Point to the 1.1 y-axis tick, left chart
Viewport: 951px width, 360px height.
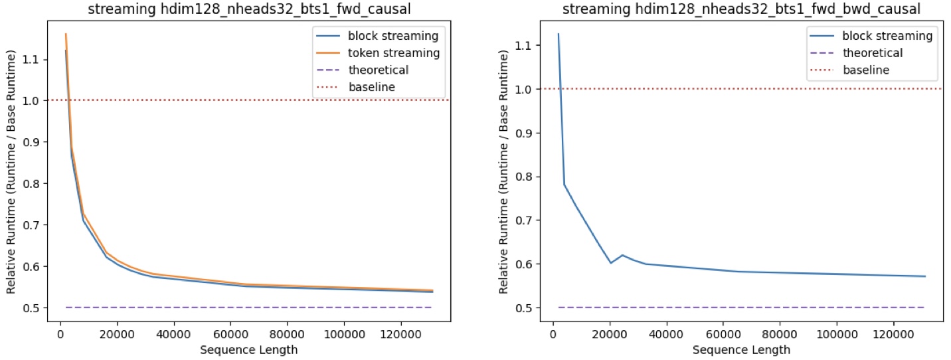[37, 60]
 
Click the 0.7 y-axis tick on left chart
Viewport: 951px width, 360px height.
[37, 225]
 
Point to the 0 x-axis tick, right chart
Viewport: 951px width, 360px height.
[553, 334]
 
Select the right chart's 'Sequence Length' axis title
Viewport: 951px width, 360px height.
[741, 349]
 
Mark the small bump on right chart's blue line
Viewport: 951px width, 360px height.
[622, 255]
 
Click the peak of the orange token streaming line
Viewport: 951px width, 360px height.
[66, 34]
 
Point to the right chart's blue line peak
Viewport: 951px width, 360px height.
[558, 34]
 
